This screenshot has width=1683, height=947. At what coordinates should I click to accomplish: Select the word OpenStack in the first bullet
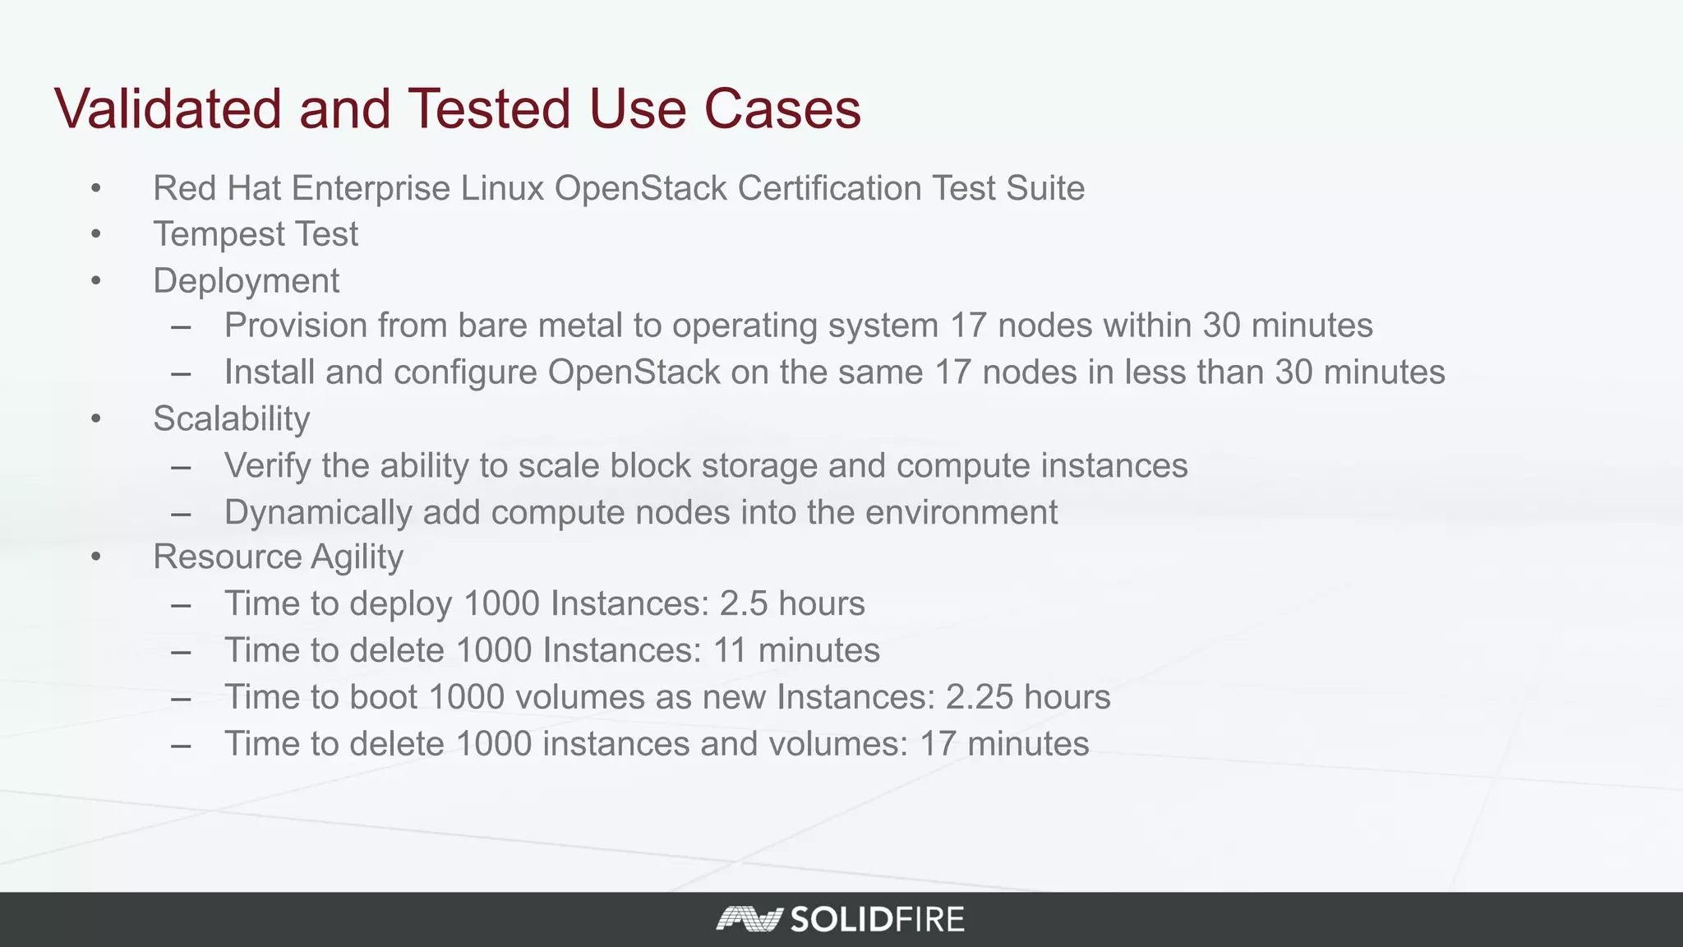[641, 188]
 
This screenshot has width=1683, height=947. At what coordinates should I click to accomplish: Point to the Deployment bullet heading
[246, 281]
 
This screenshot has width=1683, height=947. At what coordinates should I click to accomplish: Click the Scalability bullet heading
[231, 419]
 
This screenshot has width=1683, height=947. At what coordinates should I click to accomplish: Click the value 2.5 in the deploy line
[743, 604]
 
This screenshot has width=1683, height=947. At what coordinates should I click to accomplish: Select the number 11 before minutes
[730, 651]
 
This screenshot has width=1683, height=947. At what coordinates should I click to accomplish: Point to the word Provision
[296, 326]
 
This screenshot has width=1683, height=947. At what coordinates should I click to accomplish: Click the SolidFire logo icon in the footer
[748, 919]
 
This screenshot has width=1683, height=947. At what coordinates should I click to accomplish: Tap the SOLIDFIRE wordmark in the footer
[877, 919]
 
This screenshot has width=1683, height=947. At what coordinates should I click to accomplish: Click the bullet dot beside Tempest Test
[96, 235]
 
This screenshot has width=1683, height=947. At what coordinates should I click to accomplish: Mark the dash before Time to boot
[182, 699]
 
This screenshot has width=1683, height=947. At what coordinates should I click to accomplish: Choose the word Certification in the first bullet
[829, 188]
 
